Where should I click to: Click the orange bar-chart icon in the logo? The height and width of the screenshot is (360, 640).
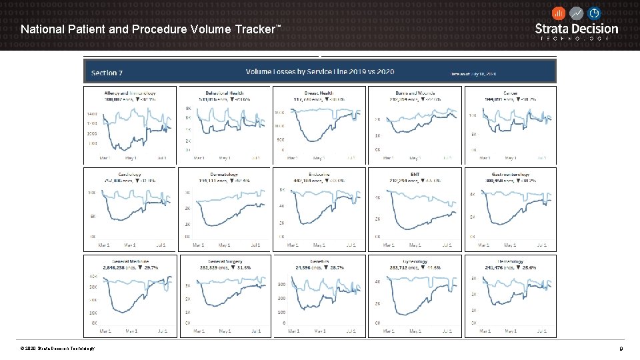pos(559,13)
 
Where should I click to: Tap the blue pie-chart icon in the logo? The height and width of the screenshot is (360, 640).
pos(593,13)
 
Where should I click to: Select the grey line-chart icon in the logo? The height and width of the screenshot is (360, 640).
pos(576,13)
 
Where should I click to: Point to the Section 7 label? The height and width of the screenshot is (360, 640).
pos(107,73)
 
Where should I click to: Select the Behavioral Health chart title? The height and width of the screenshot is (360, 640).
pos(225,93)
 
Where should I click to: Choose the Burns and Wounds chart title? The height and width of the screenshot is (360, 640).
pos(415,93)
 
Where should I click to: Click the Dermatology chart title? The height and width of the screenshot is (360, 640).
pos(225,175)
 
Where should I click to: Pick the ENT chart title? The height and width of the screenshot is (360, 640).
pos(415,175)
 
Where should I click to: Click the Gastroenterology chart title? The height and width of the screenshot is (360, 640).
pos(509,175)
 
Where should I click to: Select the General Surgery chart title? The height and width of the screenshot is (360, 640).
pos(225,261)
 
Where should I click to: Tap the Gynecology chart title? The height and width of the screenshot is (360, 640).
pos(415,261)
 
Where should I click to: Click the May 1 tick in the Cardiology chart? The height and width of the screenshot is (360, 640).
pos(131,245)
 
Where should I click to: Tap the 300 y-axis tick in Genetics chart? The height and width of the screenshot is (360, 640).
pos(281,284)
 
